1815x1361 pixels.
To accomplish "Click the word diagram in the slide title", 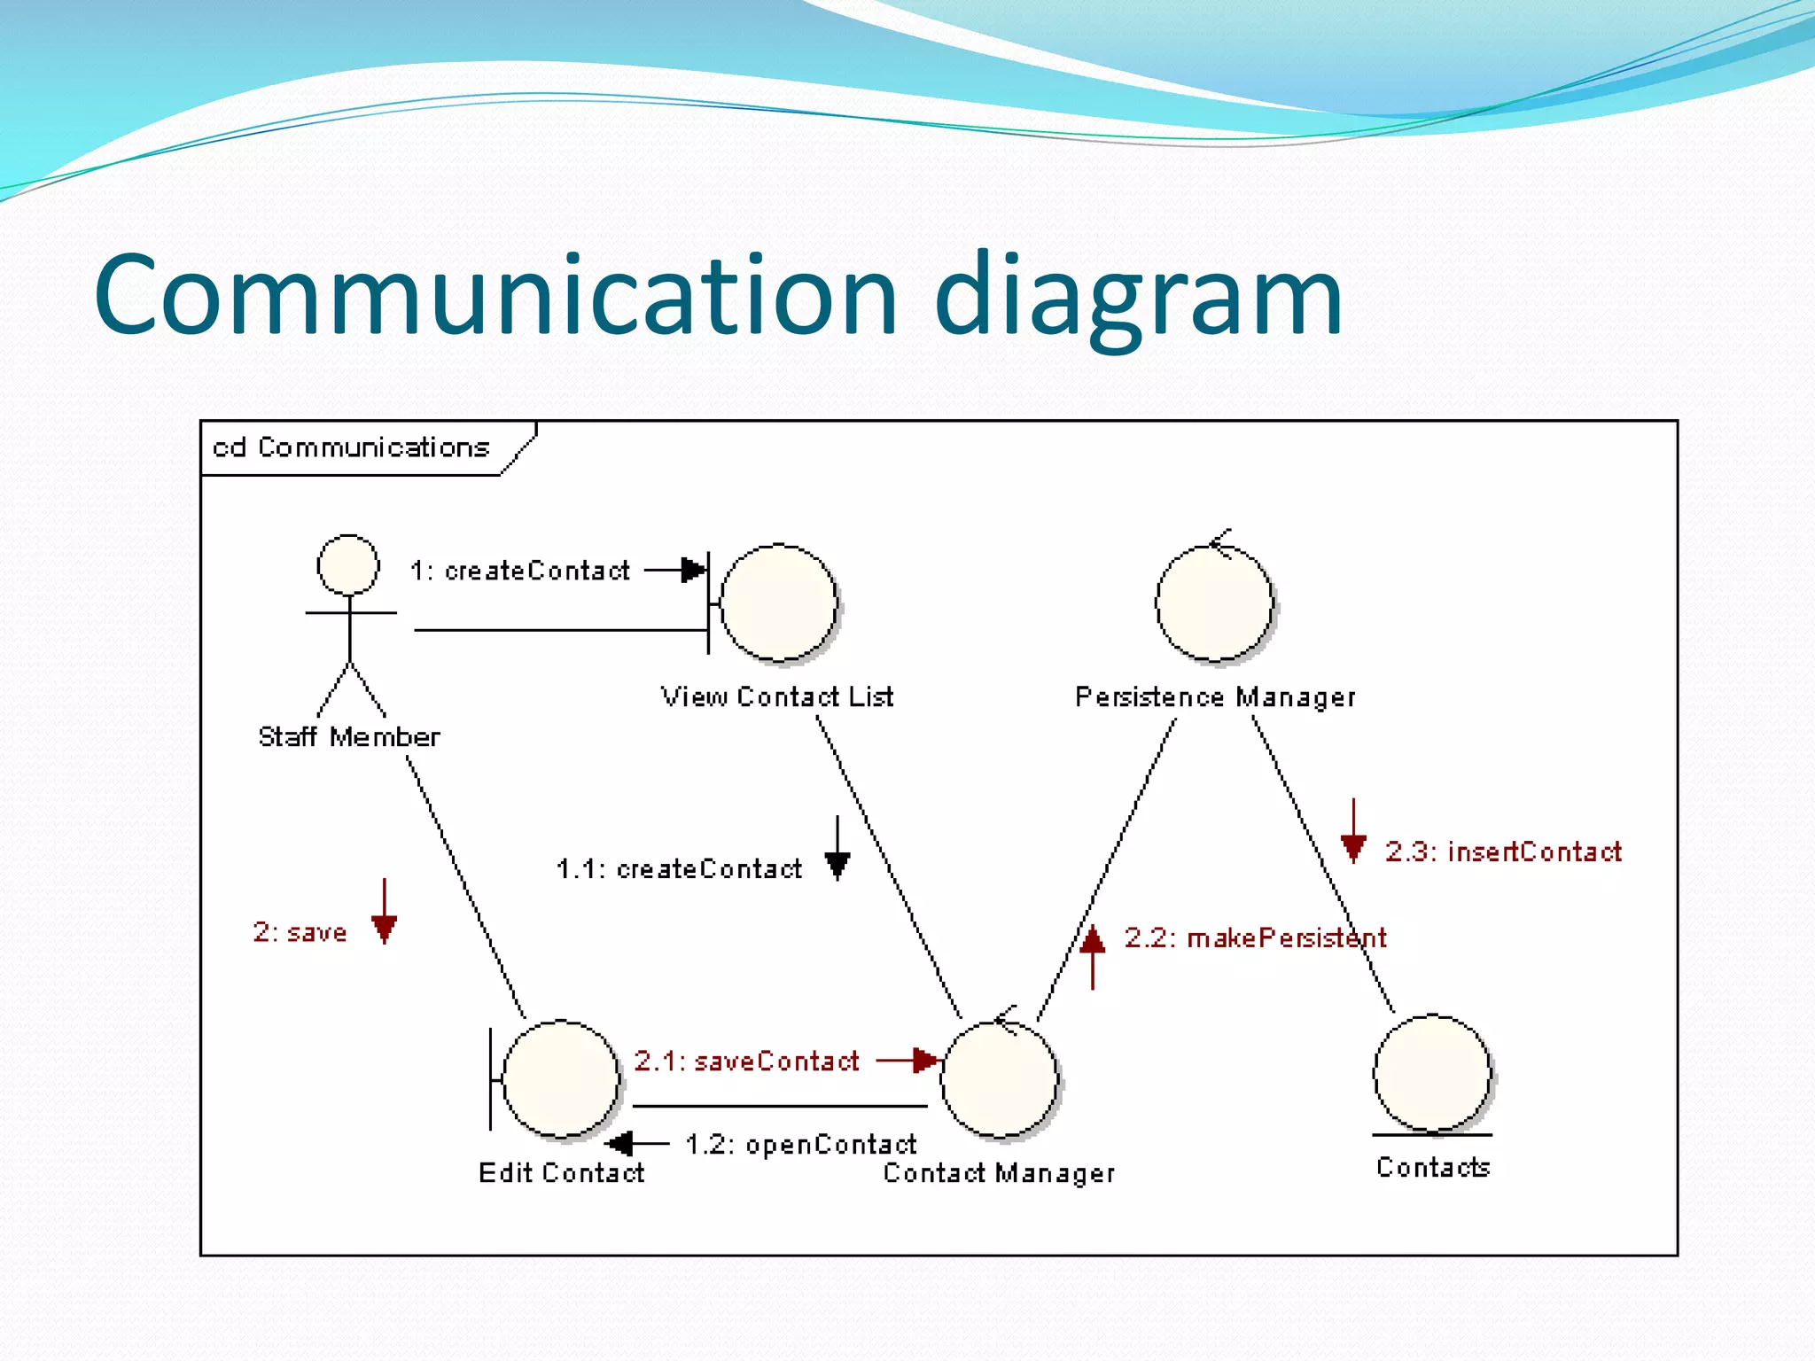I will (x=1138, y=298).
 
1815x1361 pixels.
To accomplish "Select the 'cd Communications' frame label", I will (x=351, y=447).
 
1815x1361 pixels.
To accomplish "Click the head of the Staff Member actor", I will (x=348, y=564).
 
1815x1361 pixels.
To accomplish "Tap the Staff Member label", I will (x=348, y=737).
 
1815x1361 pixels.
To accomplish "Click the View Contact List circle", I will (x=779, y=603).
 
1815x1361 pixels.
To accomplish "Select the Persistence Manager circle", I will (x=1214, y=603).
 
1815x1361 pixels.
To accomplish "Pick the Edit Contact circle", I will (x=560, y=1078).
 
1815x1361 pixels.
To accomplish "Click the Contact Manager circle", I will (x=1000, y=1078).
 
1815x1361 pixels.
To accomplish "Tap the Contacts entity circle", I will (x=1432, y=1074).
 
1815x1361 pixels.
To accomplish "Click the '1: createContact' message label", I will (x=520, y=571).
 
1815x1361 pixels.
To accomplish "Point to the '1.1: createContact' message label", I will (x=679, y=869).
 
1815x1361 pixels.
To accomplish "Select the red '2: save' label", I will (x=300, y=932).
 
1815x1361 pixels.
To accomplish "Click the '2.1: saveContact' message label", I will (x=746, y=1061).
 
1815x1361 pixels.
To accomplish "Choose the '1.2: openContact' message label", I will (x=800, y=1145).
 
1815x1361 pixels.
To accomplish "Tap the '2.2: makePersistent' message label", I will (x=1255, y=937).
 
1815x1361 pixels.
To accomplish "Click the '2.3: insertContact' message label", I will (x=1503, y=852).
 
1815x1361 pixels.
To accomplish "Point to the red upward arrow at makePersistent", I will (x=1092, y=957).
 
